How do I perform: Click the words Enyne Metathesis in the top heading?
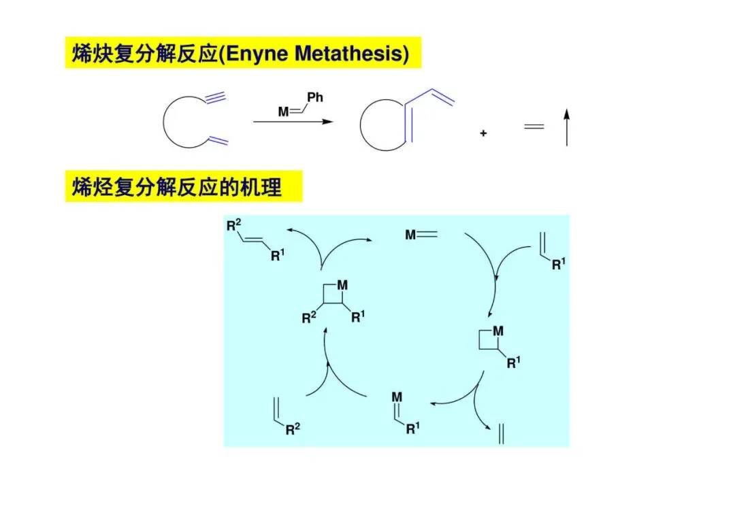[x=316, y=53]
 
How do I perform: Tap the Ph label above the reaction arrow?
[x=314, y=97]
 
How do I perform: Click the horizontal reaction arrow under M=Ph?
[x=293, y=122]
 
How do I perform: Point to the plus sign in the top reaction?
[x=483, y=134]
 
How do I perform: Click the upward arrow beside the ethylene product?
[x=566, y=129]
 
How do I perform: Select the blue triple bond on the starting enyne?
[x=215, y=97]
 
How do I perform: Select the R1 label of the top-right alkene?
[x=558, y=264]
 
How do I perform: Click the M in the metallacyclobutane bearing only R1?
[x=498, y=331]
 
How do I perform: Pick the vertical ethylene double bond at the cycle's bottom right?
[x=502, y=433]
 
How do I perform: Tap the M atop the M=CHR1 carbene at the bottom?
[x=397, y=396]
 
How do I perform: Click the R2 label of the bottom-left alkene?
[x=292, y=429]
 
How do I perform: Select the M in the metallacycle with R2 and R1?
[x=342, y=285]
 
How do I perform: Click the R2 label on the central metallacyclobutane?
[x=310, y=318]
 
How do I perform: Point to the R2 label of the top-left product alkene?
[x=234, y=226]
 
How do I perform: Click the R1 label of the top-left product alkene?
[x=277, y=256]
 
